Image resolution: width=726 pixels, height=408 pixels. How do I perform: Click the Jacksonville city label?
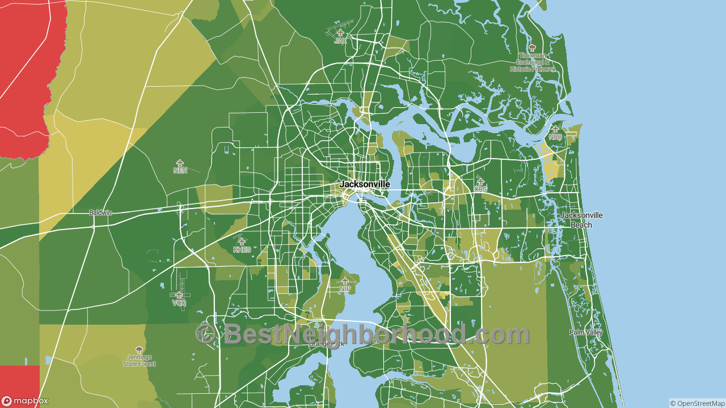click(365, 184)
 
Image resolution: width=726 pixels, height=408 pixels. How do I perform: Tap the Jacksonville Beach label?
click(581, 220)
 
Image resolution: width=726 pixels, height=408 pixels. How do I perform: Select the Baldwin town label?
click(100, 212)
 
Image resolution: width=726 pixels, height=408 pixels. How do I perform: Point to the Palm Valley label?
click(586, 333)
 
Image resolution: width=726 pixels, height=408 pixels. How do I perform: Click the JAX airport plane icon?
click(340, 33)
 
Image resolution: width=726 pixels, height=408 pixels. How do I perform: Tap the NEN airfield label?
click(180, 170)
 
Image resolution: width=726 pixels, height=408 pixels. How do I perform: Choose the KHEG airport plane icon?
click(242, 241)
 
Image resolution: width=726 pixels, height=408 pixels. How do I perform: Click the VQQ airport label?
click(179, 303)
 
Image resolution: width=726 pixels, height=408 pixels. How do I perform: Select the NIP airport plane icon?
click(345, 281)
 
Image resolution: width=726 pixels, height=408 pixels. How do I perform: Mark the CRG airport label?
click(480, 189)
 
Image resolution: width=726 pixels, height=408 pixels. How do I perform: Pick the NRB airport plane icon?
click(555, 129)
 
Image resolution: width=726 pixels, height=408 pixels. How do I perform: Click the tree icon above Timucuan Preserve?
click(531, 48)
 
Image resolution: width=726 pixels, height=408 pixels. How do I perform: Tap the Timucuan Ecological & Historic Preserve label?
click(531, 62)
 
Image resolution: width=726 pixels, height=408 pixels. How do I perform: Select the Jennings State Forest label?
click(139, 360)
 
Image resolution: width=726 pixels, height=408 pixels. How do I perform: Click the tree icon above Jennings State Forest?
click(139, 350)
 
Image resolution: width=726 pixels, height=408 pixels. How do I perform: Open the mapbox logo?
click(25, 401)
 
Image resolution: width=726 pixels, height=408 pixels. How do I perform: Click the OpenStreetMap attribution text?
click(697, 403)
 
